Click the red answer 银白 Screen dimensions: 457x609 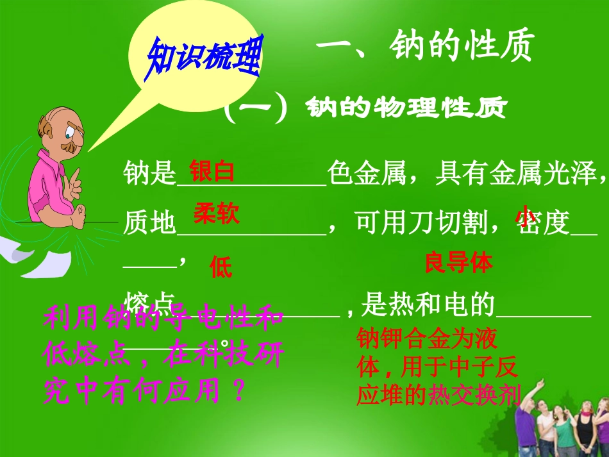[x=212, y=171]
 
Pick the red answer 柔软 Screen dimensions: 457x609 [x=217, y=214]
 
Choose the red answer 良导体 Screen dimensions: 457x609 [x=458, y=263]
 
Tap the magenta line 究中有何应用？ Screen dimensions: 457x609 [x=145, y=389]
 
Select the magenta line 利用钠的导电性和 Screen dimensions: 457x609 [x=163, y=319]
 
